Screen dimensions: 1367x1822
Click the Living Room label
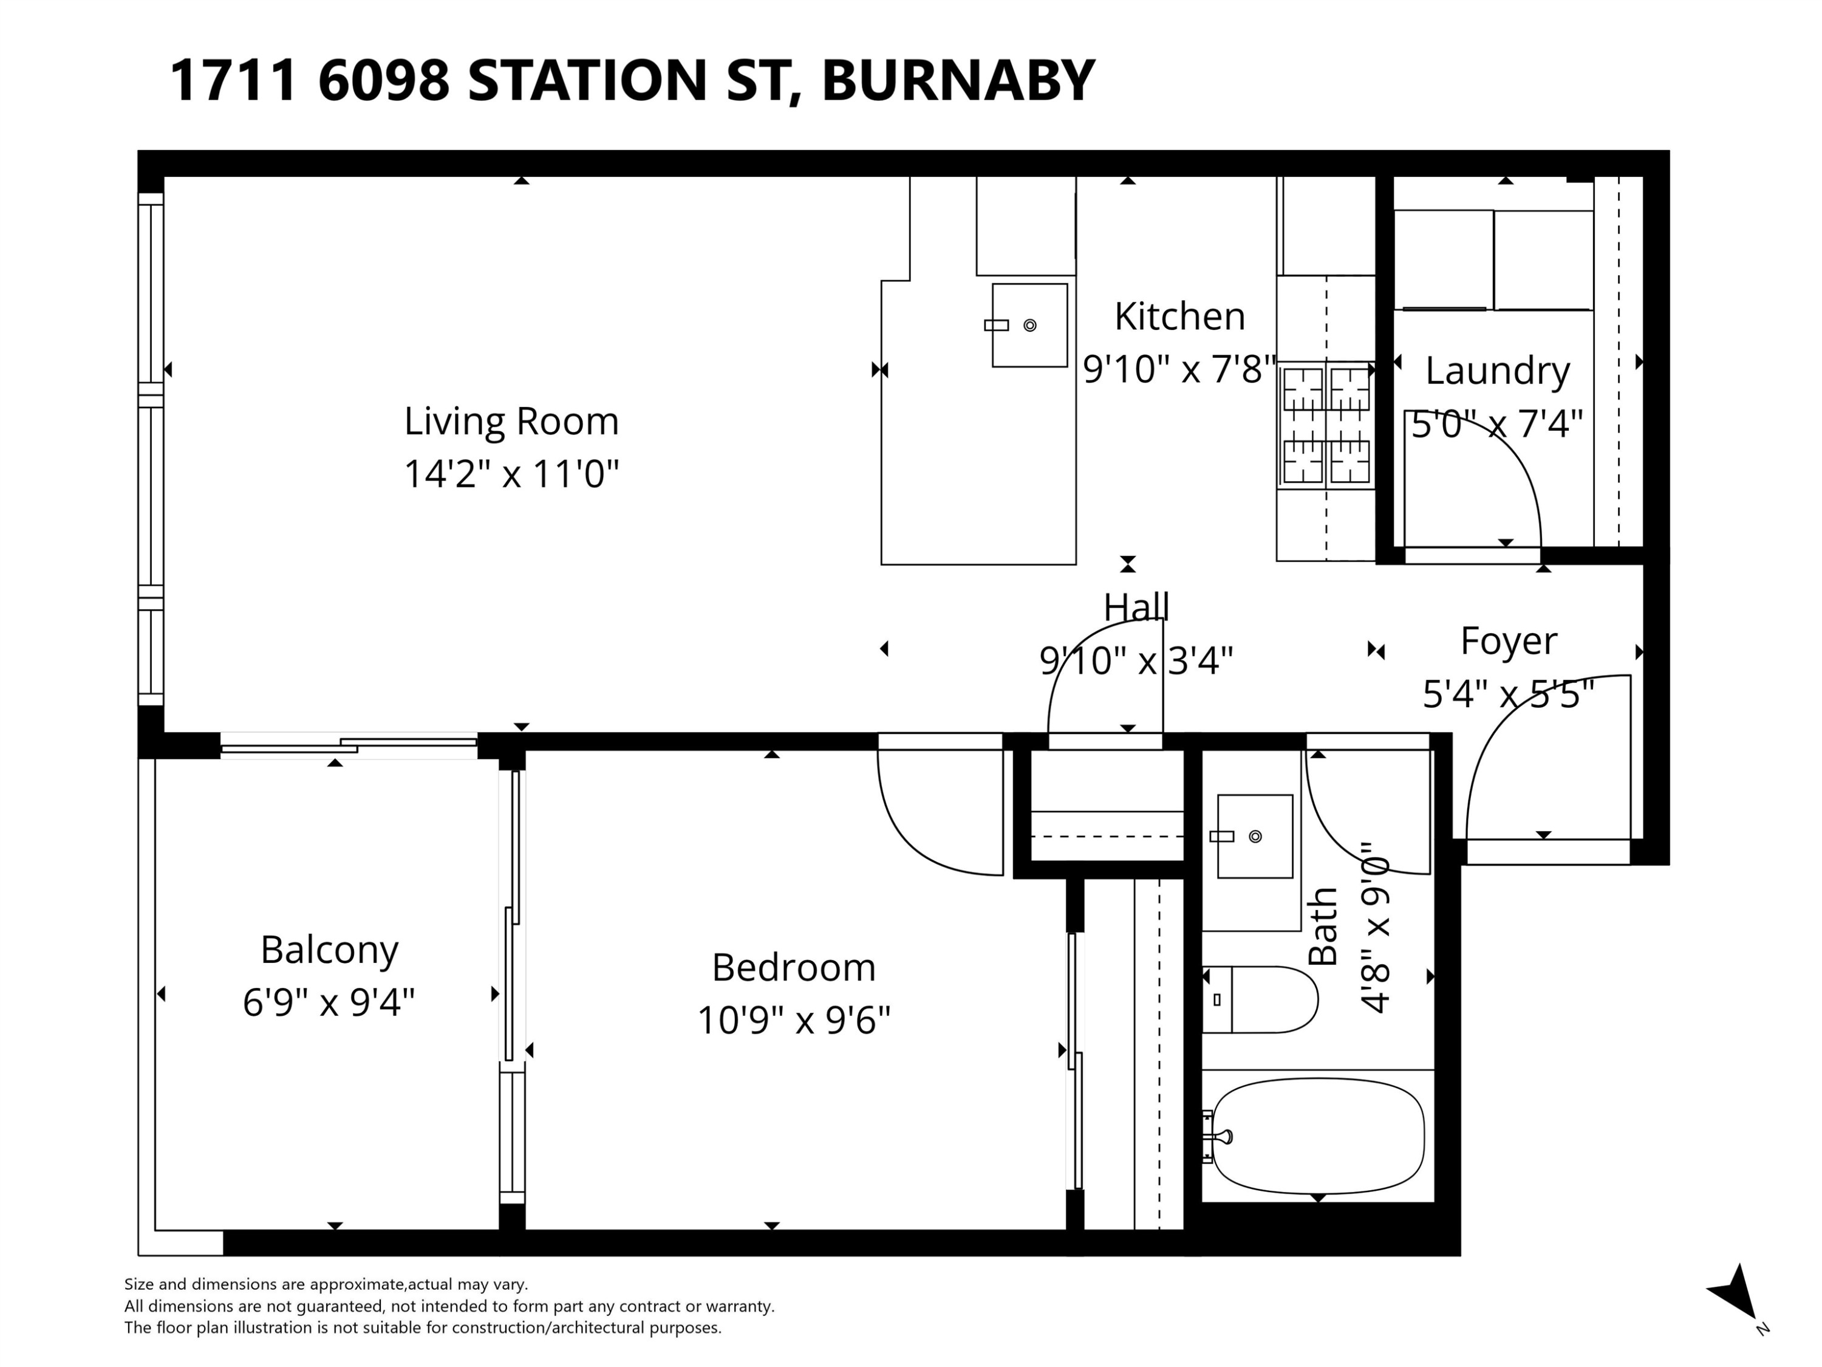(x=511, y=421)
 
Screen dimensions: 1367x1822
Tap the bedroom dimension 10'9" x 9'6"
(x=793, y=1020)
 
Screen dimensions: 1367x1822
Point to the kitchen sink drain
(x=1029, y=326)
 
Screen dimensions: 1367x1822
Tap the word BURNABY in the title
(x=957, y=81)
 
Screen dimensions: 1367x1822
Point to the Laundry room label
(x=1498, y=370)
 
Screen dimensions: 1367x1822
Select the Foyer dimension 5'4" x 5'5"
(x=1508, y=694)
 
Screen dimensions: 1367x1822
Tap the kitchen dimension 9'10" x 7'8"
(x=1179, y=369)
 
